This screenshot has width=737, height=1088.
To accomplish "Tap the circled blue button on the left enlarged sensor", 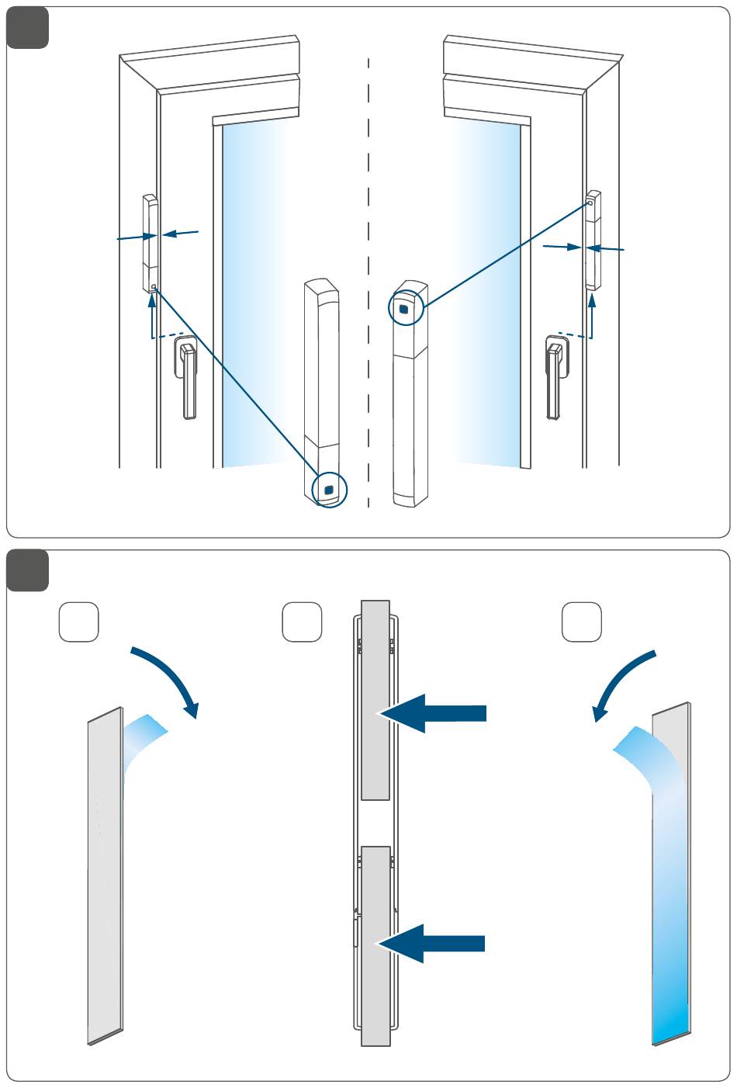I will [329, 490].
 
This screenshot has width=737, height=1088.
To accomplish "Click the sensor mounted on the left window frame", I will [151, 244].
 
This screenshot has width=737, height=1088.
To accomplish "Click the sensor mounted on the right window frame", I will [593, 240].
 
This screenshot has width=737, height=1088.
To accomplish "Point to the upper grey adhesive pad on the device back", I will [375, 698].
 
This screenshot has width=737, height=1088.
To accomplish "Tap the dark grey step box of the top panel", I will [28, 28].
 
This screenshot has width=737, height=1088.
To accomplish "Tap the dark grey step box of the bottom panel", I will [28, 570].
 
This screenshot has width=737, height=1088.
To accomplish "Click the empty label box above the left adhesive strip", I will [79, 622].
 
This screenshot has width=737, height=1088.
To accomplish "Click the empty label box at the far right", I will [582, 622].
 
